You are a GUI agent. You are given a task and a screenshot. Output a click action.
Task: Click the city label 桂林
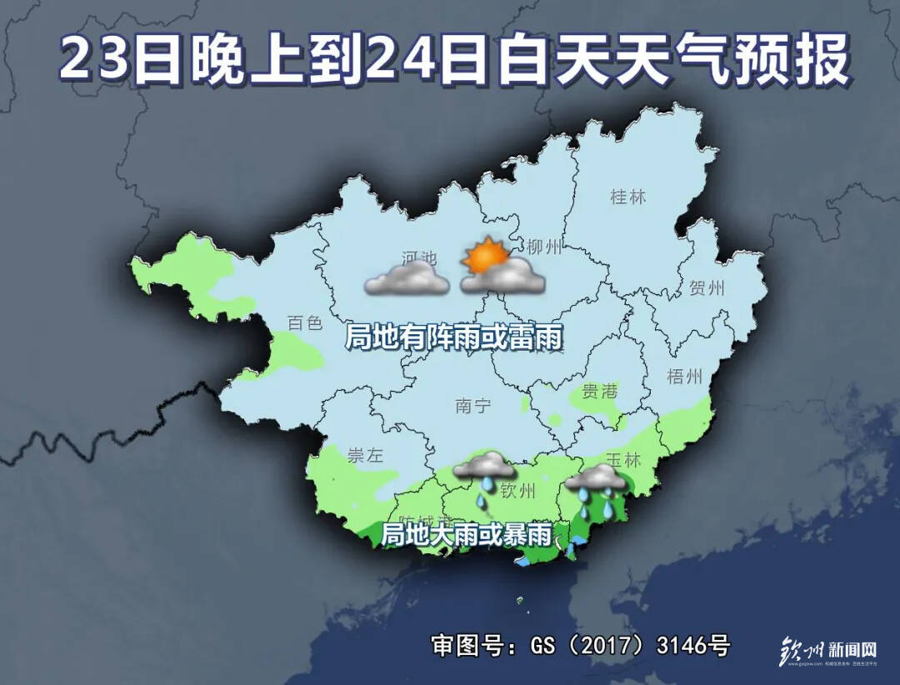(x=628, y=197)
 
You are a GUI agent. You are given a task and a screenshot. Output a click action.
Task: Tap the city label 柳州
(x=546, y=247)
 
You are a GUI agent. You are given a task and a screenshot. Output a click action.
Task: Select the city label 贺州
(x=707, y=289)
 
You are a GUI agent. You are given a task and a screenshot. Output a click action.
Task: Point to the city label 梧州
(x=685, y=377)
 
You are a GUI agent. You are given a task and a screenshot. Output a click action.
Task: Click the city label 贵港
(x=600, y=390)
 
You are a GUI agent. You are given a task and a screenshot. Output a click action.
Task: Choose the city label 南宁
(x=473, y=406)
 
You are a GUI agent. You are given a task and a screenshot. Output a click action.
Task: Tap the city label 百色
(x=304, y=322)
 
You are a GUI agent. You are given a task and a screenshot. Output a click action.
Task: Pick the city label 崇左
(x=364, y=456)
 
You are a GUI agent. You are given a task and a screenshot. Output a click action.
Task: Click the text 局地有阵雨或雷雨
(x=454, y=338)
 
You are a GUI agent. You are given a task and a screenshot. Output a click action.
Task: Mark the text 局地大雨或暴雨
(x=466, y=534)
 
